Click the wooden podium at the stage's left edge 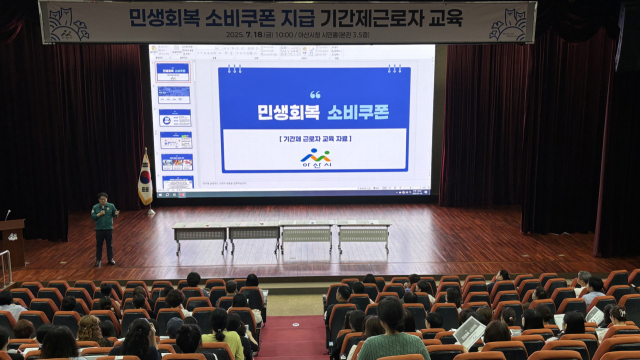[x=12, y=241]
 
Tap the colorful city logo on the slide [x=316, y=158]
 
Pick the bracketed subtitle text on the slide [x=316, y=139]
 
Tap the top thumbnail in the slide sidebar [x=174, y=71]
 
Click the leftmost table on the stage [x=199, y=236]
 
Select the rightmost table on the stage [x=363, y=235]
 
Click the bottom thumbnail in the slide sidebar [x=176, y=182]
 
